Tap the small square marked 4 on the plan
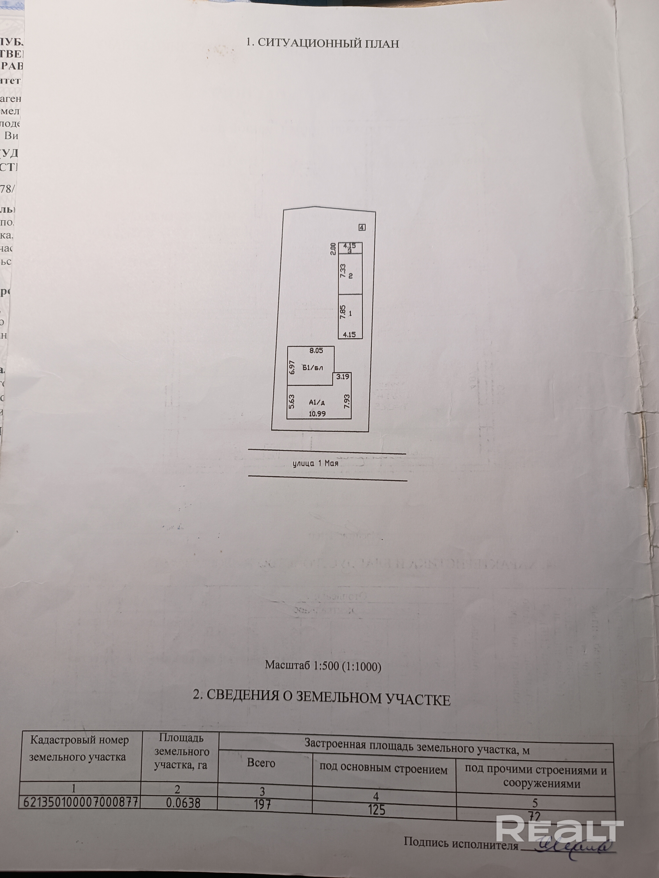coord(362,227)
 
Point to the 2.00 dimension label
coord(333,248)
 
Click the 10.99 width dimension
coord(317,413)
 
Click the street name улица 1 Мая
coord(315,463)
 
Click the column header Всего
coord(261,763)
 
